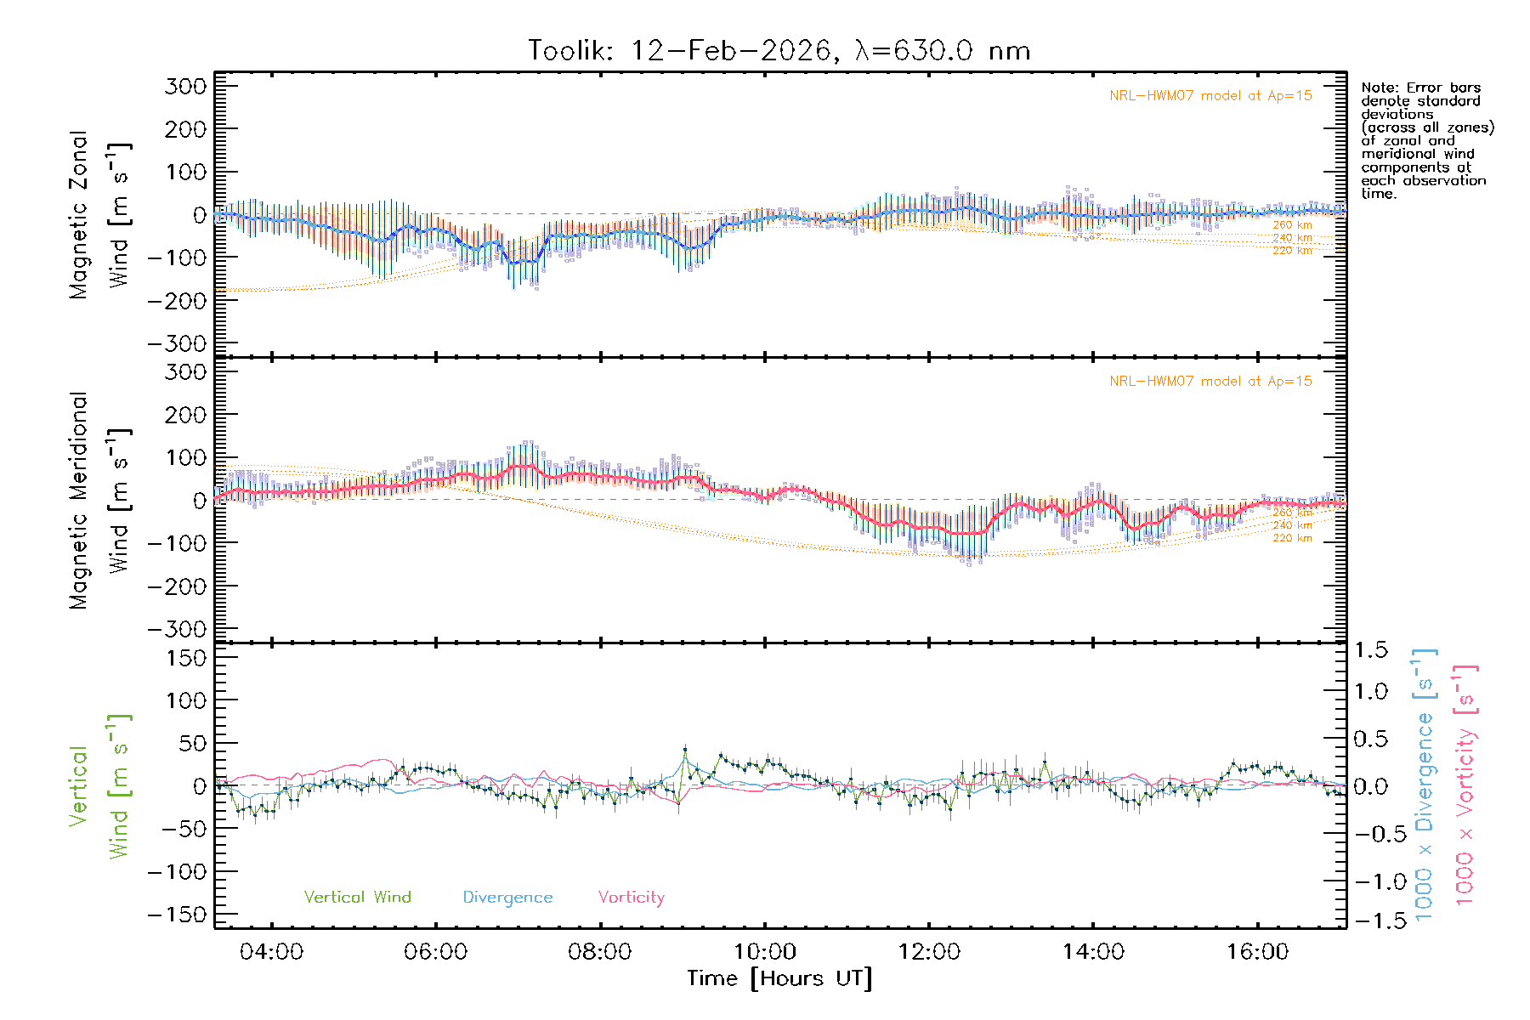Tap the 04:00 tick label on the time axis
(271, 952)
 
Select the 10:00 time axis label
(764, 952)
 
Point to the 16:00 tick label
(1257, 952)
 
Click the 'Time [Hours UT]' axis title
(779, 978)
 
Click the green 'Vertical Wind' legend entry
(357, 898)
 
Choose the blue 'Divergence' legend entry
(507, 898)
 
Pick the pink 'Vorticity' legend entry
(631, 898)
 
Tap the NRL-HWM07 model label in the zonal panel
(1210, 96)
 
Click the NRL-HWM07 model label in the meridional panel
(1210, 382)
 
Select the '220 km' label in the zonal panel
(1292, 251)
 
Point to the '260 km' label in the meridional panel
(1292, 513)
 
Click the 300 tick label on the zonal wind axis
(185, 86)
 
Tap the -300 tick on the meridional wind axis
(177, 629)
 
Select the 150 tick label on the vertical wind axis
(185, 658)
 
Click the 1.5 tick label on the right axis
(1371, 650)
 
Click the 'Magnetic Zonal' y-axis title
(79, 215)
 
